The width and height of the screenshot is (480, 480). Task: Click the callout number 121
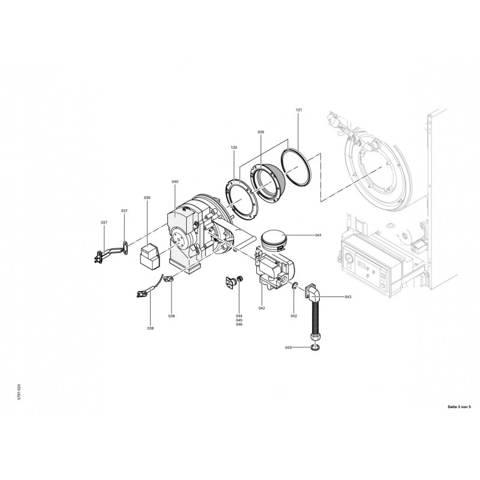pos(299,110)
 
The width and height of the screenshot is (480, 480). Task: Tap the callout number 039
pos(261,132)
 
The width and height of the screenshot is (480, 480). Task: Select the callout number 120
pos(234,147)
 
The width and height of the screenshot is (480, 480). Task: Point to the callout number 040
pos(175,182)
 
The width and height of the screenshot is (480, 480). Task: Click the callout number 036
pos(147,197)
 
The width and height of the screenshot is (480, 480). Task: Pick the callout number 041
pos(319,235)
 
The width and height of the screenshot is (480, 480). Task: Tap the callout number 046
pos(239,324)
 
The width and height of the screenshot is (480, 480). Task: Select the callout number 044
pos(239,316)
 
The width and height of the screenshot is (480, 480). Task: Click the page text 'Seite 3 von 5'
pos(459,407)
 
